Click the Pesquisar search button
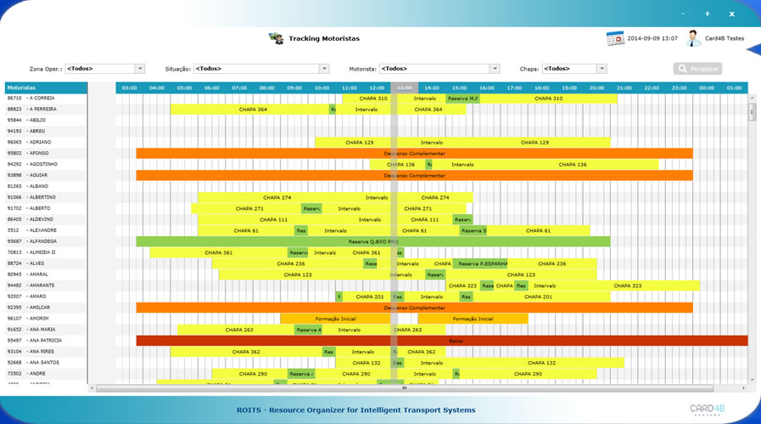pos(697,69)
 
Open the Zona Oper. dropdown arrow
pos(140,69)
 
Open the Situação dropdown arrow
pos(324,69)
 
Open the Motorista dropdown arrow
pos(495,69)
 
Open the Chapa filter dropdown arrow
pos(602,69)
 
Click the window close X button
pos(732,14)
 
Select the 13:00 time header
pos(405,88)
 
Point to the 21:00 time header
pos(624,88)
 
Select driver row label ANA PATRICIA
pos(46,341)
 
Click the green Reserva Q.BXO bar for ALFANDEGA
pos(373,241)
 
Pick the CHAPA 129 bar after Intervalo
pos(534,143)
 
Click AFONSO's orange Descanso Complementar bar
pos(414,154)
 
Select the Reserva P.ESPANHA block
pos(481,263)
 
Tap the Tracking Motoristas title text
pos(324,39)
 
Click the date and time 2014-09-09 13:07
pos(652,38)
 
